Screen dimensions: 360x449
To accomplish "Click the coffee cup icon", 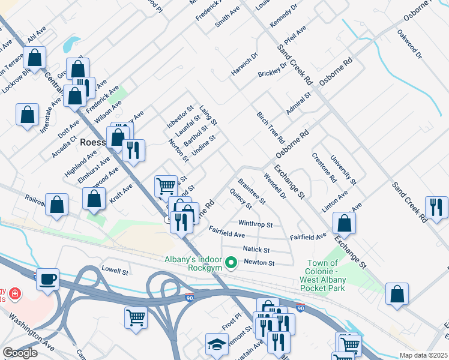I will (47, 279).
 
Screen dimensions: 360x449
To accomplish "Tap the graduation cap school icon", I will (217, 344).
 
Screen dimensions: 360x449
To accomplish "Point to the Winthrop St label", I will (256, 224).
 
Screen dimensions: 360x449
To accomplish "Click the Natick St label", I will (256, 249).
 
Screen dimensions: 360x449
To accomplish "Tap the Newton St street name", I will (259, 263).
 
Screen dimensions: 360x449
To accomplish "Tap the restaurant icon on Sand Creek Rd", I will (436, 208).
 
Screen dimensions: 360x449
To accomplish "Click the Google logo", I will (20, 353).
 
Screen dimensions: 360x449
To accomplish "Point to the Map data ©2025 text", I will (423, 355).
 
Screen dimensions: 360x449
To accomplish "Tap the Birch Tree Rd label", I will (271, 127).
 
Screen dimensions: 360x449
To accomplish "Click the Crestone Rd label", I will (324, 167).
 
